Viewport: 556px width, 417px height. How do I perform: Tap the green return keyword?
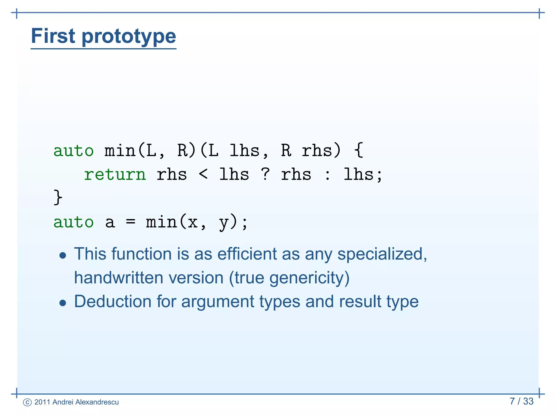point(115,175)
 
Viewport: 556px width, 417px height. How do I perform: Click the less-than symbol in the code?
point(203,174)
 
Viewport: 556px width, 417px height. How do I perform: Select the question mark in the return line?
point(266,174)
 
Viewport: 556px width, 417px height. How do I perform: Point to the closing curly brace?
point(58,197)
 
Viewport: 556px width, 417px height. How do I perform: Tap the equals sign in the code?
point(131,222)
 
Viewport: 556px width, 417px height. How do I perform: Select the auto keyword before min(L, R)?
point(74,151)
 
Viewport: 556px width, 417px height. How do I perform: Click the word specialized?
point(382,255)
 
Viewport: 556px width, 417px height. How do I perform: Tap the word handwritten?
point(119,278)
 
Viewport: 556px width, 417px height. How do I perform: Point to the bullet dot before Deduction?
point(63,303)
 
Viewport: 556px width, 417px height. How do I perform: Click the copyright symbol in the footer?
point(27,402)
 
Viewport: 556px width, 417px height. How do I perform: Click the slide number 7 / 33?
point(522,401)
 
